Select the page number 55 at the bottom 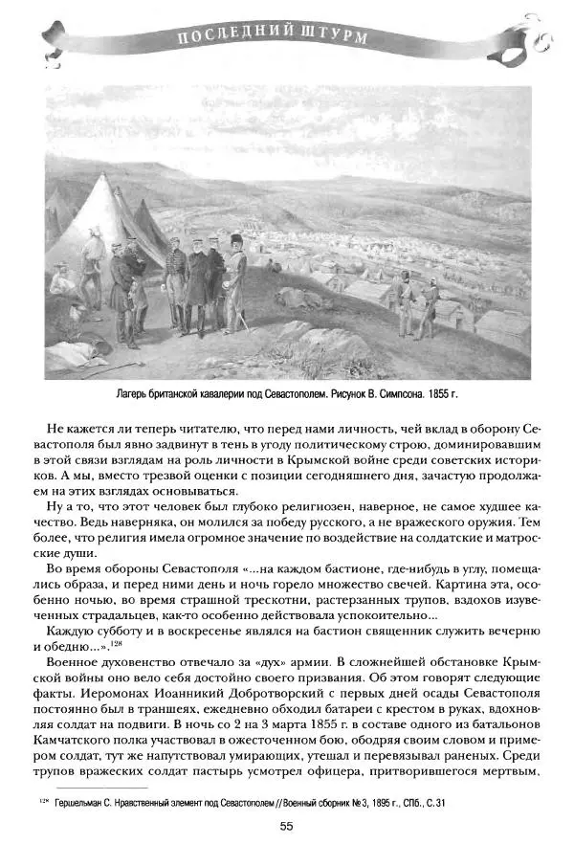286,826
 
